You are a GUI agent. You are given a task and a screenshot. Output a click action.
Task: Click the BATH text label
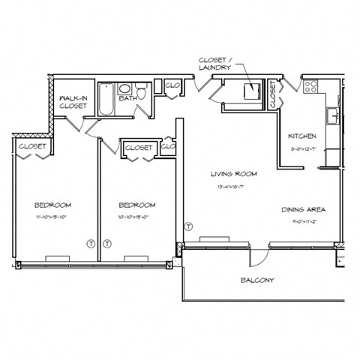pyautogui.click(x=127, y=97)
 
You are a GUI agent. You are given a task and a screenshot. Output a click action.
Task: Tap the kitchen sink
pyautogui.click(x=332, y=115)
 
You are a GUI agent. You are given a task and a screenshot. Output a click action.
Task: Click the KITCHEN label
pyautogui.click(x=302, y=136)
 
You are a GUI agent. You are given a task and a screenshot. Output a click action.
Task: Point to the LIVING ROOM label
pyautogui.click(x=232, y=173)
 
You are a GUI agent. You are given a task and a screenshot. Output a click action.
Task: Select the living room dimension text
pyautogui.click(x=232, y=185)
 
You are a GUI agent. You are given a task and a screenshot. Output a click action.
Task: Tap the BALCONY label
pyautogui.click(x=257, y=280)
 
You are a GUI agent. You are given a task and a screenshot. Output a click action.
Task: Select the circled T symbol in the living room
pyautogui.click(x=188, y=226)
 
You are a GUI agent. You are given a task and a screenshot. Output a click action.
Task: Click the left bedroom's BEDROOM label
pyautogui.click(x=52, y=205)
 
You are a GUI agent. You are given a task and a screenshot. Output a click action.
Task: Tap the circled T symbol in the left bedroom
pyautogui.click(x=90, y=244)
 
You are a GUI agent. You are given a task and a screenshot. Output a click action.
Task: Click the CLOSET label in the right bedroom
pyautogui.click(x=139, y=148)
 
